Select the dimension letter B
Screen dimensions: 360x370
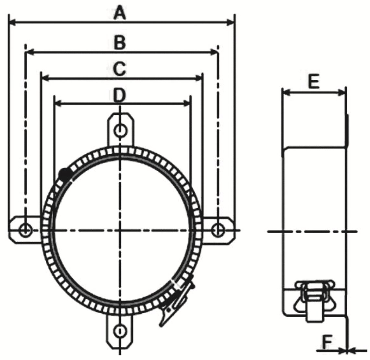(x=120, y=42)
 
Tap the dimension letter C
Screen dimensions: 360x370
(x=120, y=69)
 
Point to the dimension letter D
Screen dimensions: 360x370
(x=120, y=95)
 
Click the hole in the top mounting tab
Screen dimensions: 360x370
(x=120, y=131)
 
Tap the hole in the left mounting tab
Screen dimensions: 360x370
(x=25, y=230)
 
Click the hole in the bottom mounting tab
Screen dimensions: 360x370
(x=120, y=331)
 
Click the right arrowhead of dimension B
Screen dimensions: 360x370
(x=214, y=52)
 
